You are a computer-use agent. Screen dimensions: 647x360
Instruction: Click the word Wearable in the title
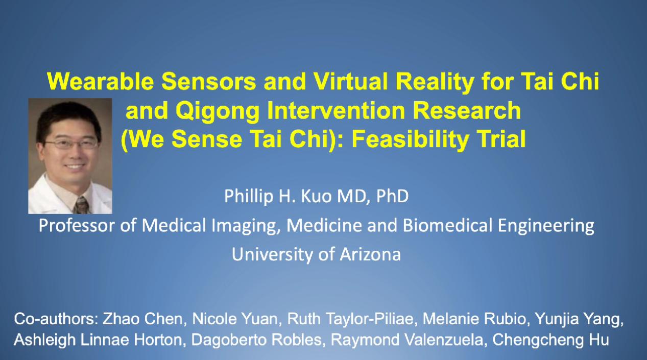tap(100, 81)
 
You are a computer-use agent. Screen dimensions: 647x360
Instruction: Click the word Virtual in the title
tap(351, 81)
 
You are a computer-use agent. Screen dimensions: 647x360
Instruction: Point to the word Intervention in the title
tap(337, 110)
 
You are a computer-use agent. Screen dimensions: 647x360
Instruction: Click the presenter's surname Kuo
tap(316, 196)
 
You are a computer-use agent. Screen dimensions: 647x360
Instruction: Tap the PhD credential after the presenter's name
tap(392, 196)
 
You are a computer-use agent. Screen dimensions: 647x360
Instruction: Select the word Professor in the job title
tap(77, 226)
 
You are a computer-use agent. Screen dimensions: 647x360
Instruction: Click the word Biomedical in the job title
tap(447, 225)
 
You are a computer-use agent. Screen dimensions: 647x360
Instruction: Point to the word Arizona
tap(370, 254)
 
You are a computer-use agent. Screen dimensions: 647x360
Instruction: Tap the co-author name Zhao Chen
tap(142, 319)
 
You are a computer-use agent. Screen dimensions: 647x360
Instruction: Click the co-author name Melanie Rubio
tap(474, 319)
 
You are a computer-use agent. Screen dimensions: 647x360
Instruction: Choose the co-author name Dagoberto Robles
tap(256, 340)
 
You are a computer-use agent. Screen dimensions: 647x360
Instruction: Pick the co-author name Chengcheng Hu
tap(550, 340)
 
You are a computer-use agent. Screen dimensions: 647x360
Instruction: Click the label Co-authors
tap(56, 319)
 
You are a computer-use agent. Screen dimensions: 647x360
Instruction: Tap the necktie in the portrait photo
tap(81, 205)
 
